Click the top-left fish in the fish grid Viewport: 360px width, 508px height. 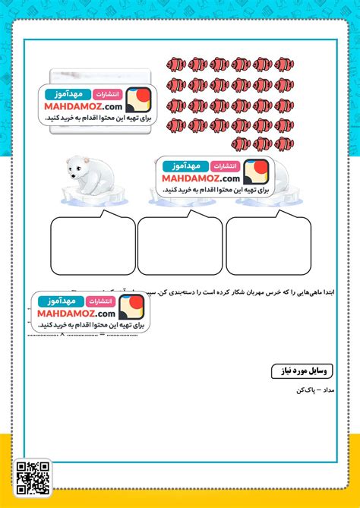tap(175, 65)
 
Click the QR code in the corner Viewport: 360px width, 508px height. tap(33, 478)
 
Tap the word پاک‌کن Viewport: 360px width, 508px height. tap(308, 390)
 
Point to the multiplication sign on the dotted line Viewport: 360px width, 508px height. tap(62, 334)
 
